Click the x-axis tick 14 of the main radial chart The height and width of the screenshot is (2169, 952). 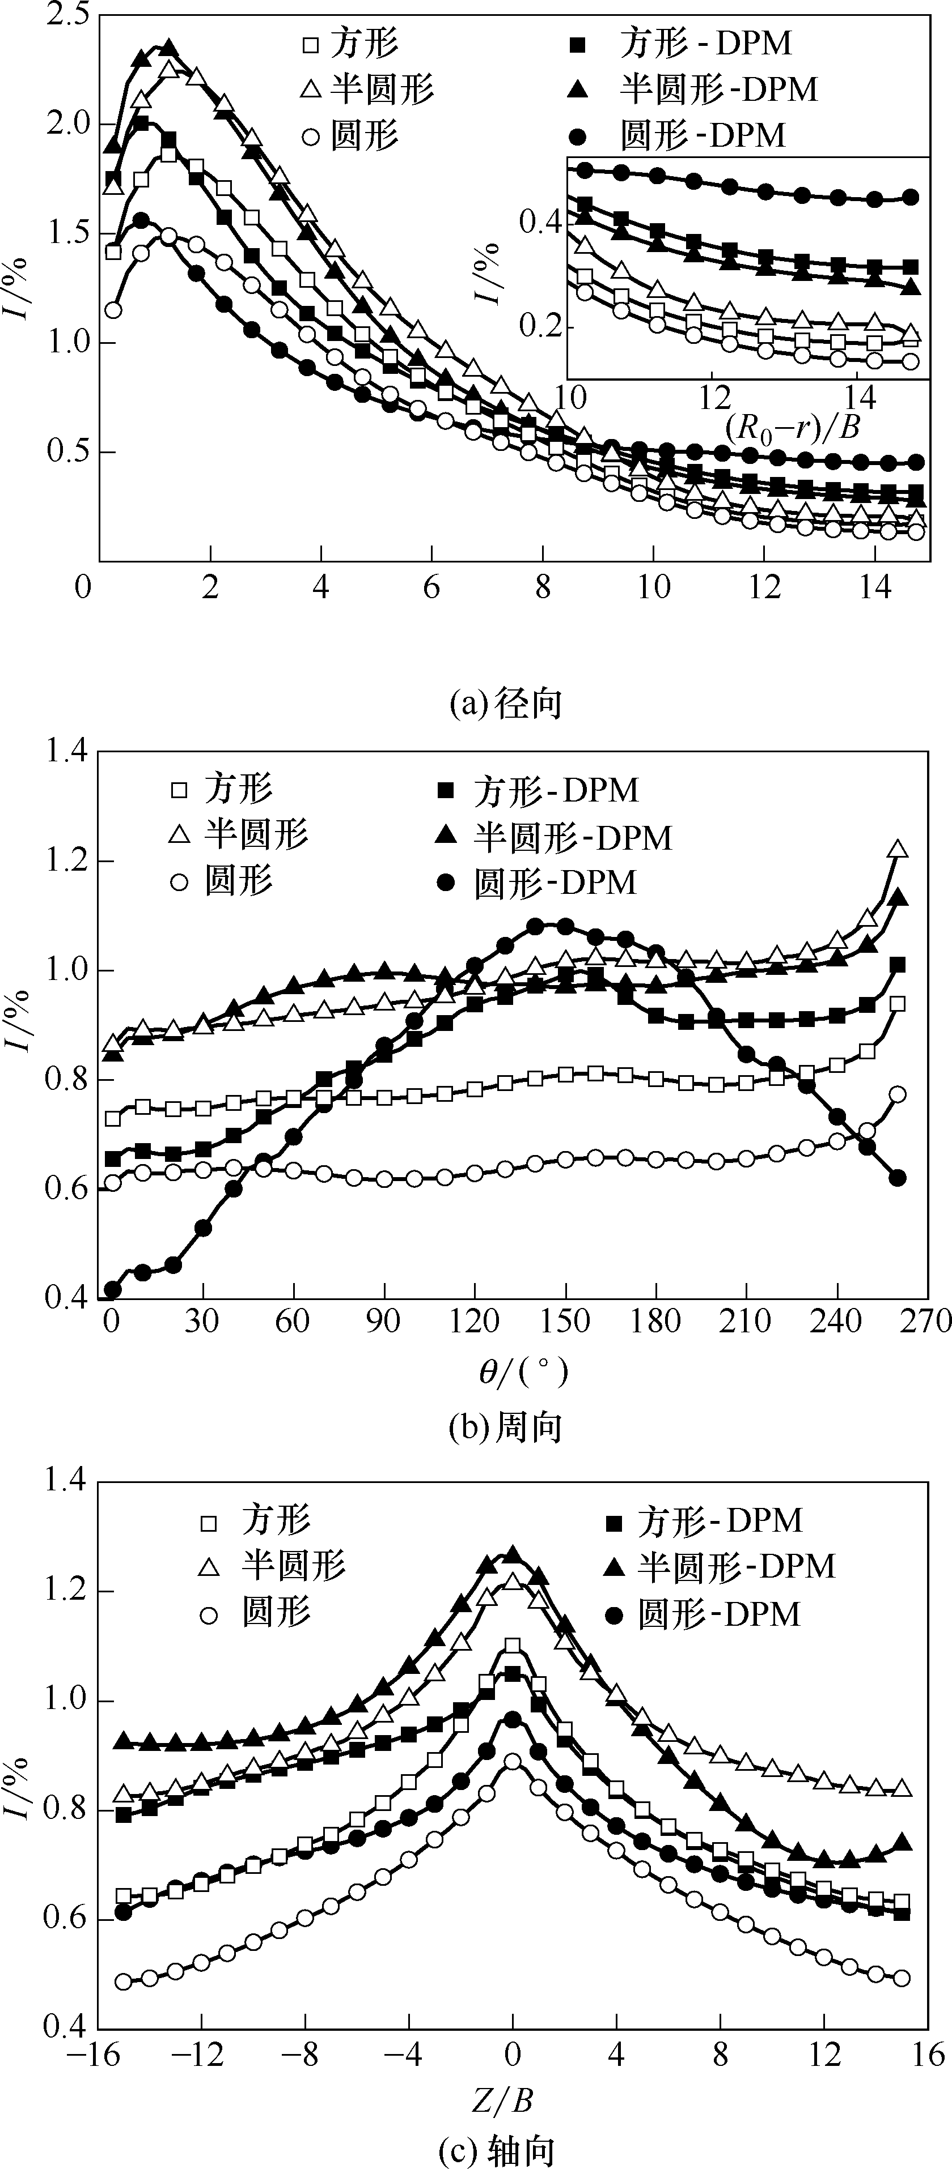876,587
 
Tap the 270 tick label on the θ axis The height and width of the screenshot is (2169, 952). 925,1320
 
